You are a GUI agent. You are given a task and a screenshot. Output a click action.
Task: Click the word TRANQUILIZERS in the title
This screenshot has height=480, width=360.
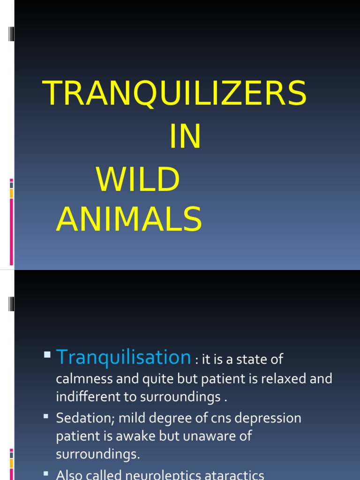174,93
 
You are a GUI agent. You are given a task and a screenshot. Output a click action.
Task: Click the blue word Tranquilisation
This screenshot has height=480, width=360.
123,358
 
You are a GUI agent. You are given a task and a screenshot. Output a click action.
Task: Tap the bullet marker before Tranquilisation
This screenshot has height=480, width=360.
47,355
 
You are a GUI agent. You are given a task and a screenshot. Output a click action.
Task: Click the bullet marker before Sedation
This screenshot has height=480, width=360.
46,416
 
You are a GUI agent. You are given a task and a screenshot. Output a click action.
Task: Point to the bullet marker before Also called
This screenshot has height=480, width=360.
46,473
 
